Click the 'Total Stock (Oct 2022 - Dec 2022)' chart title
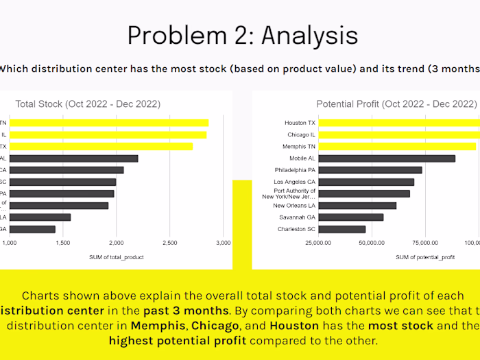click(x=88, y=104)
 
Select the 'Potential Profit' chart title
click(x=396, y=104)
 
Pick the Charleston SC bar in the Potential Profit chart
click(x=341, y=228)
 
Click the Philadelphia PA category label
click(x=293, y=170)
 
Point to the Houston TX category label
click(x=300, y=123)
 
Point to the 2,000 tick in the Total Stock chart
click(x=116, y=243)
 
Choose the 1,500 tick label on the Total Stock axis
click(x=62, y=243)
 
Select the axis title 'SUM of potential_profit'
click(x=424, y=257)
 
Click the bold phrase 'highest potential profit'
click(x=178, y=341)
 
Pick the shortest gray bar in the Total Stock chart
click(x=32, y=229)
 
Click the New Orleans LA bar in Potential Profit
click(x=357, y=205)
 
